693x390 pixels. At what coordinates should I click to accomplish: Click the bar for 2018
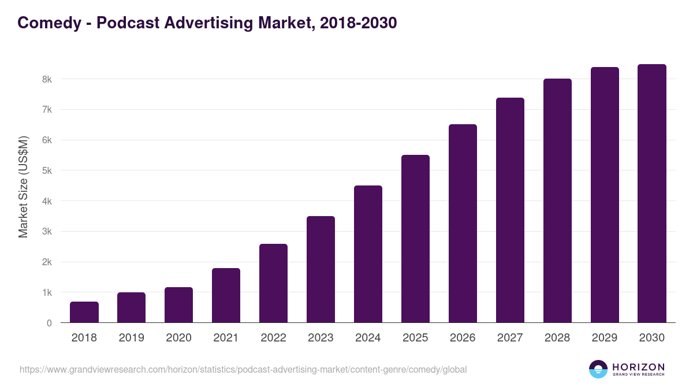84,312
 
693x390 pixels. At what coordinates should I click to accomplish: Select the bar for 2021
226,295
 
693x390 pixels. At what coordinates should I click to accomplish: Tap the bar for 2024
368,254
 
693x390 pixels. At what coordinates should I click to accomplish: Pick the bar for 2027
510,210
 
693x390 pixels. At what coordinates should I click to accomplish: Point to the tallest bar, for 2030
652,194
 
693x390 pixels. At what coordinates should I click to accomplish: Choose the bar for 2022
273,283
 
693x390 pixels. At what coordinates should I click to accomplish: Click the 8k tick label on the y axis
47,79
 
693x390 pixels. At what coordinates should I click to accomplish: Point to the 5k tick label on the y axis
47,171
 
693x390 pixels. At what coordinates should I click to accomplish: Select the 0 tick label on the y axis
49,324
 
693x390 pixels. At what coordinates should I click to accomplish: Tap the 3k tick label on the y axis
47,232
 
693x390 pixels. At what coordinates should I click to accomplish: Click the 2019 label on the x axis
131,338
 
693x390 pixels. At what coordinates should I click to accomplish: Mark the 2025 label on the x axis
415,338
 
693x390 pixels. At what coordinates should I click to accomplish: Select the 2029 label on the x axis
605,338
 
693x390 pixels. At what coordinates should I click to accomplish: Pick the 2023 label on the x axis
321,338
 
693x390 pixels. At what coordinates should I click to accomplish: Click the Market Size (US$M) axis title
24,187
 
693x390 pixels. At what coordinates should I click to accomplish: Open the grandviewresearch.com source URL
243,369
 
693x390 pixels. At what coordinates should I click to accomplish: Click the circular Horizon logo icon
598,369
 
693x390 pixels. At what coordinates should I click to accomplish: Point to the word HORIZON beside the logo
638,366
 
